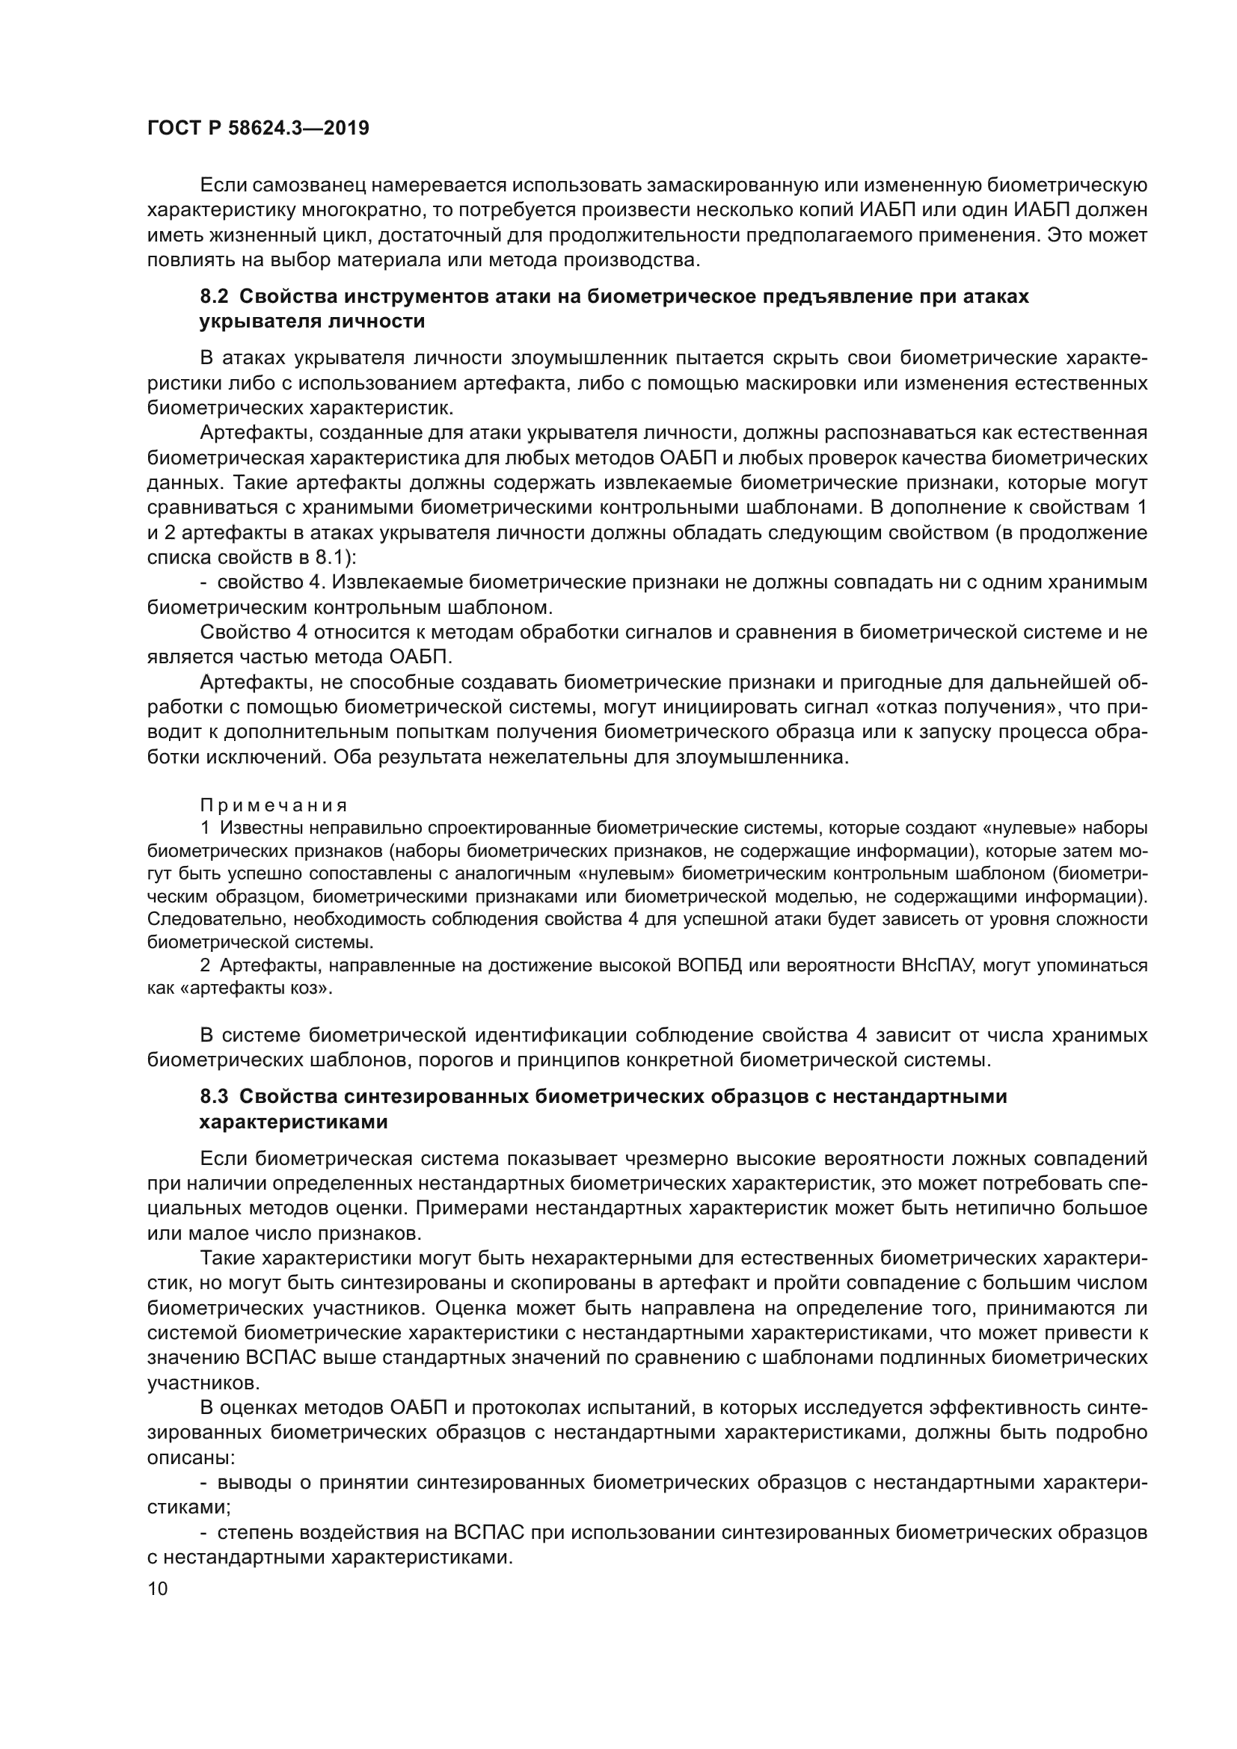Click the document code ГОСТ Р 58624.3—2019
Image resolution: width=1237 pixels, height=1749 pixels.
point(258,129)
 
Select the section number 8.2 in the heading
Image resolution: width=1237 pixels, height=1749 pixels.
point(215,297)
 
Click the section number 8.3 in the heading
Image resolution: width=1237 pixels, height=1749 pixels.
point(215,1097)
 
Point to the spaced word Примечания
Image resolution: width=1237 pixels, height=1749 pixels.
point(274,805)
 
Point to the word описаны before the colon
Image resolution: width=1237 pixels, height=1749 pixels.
point(189,1457)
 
